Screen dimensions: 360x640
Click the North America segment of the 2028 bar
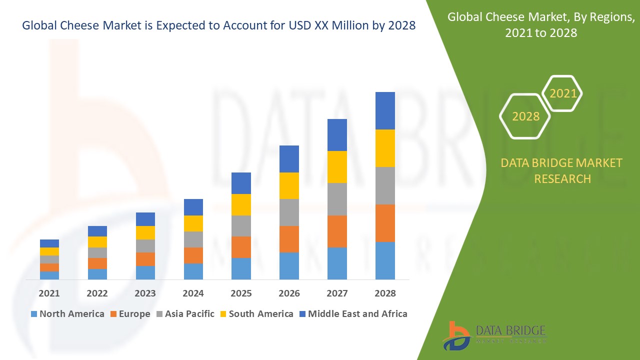385,260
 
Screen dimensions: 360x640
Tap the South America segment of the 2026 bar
289,185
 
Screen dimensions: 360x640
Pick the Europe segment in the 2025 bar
241,247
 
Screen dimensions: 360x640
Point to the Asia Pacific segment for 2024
193,239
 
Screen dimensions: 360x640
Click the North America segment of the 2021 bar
49,275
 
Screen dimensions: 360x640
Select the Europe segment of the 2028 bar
385,223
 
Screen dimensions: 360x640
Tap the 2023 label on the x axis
145,293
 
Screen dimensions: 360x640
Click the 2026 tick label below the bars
289,293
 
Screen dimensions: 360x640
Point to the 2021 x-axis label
49,293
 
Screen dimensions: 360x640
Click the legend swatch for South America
223,314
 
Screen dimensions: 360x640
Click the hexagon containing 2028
525,116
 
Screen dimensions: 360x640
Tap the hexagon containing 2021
562,93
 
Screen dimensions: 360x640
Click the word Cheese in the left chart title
76,25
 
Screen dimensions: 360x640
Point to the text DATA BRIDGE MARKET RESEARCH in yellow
562,170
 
